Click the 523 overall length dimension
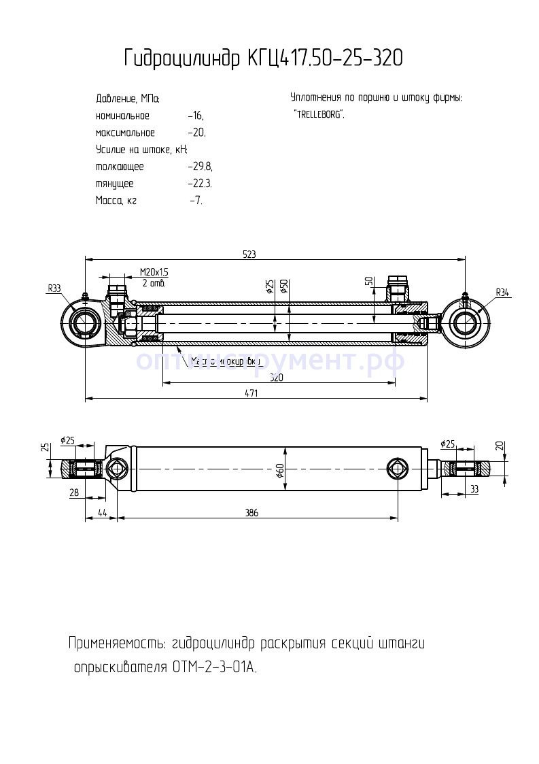pos(249,254)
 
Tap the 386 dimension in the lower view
pos(251,513)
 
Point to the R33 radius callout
pos(54,288)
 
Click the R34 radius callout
pos(502,293)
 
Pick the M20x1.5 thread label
pos(154,272)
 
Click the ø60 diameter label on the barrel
pos(279,471)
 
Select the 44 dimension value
pos(103,513)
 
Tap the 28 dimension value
pos(74,493)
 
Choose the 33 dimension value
pos(474,488)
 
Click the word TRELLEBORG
pos(319,114)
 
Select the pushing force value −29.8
pos(201,167)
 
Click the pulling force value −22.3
pos(201,184)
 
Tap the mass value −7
pos(196,201)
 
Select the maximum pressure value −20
pos(196,133)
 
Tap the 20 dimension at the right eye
pos(500,446)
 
